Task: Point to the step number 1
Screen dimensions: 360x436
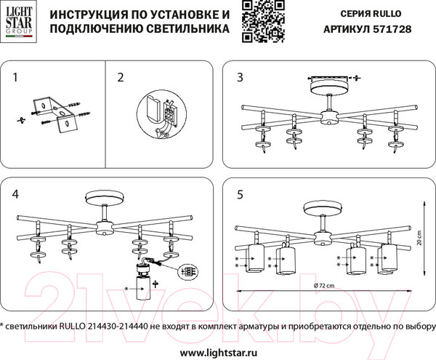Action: (x=16, y=76)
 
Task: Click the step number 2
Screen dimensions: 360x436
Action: (x=121, y=76)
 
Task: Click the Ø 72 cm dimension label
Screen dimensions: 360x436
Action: (x=324, y=287)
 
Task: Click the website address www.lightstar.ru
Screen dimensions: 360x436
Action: (x=218, y=351)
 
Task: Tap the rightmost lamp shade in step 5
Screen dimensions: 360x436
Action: (x=388, y=258)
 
